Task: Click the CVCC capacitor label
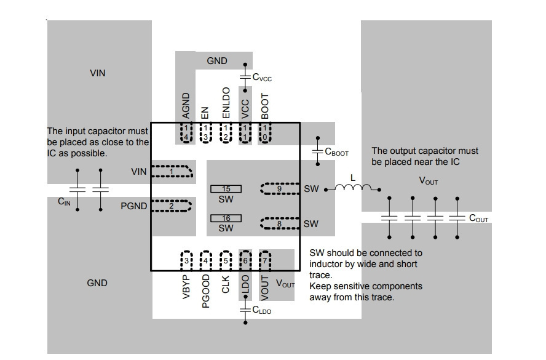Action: point(262,78)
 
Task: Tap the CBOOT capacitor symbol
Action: point(317,151)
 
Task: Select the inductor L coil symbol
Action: point(353,188)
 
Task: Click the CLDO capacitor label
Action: point(261,310)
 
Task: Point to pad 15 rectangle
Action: point(226,189)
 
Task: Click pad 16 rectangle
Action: point(226,218)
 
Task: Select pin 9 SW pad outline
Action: point(280,188)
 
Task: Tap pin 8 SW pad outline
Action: point(280,223)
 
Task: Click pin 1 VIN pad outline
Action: point(172,171)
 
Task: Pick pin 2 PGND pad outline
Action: point(172,206)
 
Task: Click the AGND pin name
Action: point(186,106)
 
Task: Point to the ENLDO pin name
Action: point(226,103)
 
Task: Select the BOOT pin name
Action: point(265,106)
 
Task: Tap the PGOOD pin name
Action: point(206,291)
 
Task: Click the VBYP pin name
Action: point(186,287)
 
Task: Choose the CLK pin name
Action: point(226,284)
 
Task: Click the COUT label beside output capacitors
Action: point(479,218)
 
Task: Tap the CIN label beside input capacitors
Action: point(64,201)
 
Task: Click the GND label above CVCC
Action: point(217,61)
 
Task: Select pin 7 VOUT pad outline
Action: point(265,260)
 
